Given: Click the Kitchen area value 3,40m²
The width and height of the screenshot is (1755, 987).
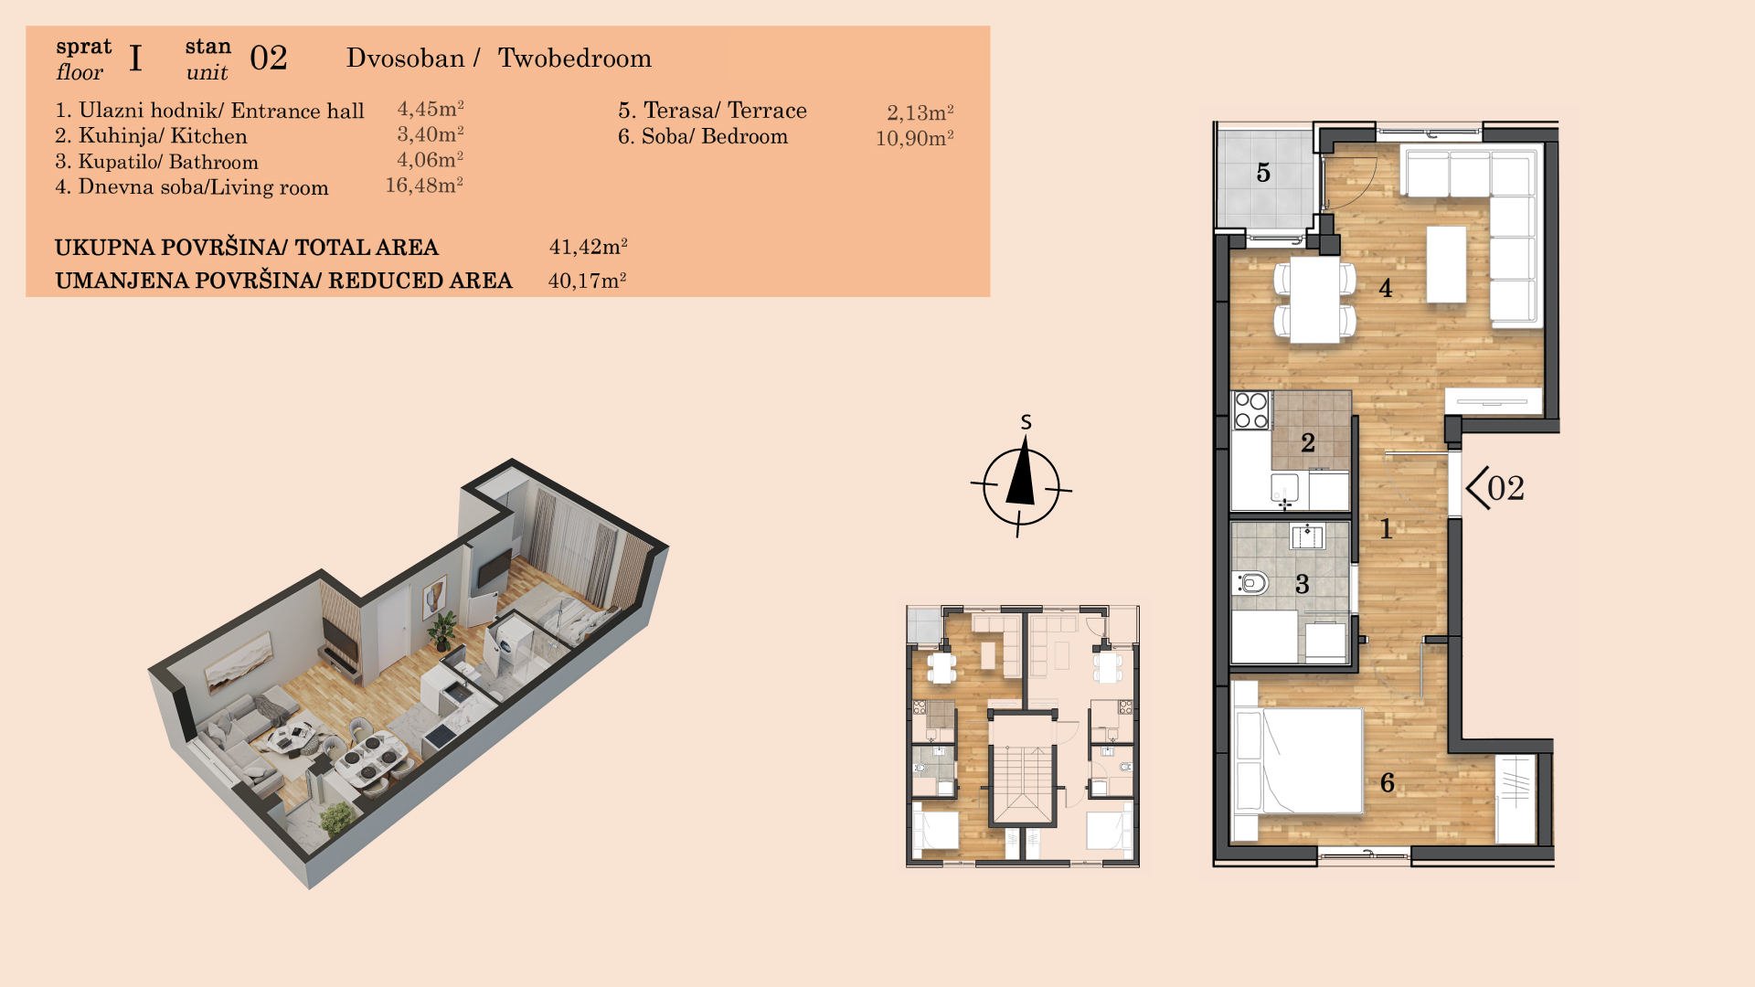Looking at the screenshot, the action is pos(431,134).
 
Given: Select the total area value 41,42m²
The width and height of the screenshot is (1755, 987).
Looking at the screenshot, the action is pos(588,247).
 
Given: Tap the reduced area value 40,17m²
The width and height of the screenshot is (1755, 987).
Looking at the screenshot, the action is pos(587,281).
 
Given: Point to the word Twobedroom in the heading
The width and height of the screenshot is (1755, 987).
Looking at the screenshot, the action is pos(575,58).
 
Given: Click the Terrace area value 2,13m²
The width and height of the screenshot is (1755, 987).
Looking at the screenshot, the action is pos(920,112).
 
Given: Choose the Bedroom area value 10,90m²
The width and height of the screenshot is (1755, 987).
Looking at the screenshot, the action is pos(915,138).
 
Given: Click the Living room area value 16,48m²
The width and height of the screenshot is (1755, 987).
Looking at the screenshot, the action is pos(424,185).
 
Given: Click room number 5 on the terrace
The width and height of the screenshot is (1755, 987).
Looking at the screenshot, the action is pos(1263,173).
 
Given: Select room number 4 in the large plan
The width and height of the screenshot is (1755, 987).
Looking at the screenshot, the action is pos(1386,288).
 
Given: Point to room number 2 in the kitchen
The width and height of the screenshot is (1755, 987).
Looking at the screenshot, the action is pos(1308,442).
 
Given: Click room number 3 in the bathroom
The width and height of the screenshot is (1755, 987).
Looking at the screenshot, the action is pos(1303,584).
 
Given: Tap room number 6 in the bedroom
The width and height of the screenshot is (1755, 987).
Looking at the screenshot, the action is pos(1388,782).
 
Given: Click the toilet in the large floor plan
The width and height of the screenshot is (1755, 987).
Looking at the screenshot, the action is pos(1250,582).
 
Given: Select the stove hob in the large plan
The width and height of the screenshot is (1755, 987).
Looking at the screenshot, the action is pos(1251,410).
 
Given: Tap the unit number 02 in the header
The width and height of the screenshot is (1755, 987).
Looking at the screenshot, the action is pos(269,58).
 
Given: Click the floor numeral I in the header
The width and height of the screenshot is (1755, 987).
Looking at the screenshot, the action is pos(135,58).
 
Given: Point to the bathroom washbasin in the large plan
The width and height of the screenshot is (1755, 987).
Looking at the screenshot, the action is pos(1307,536).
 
